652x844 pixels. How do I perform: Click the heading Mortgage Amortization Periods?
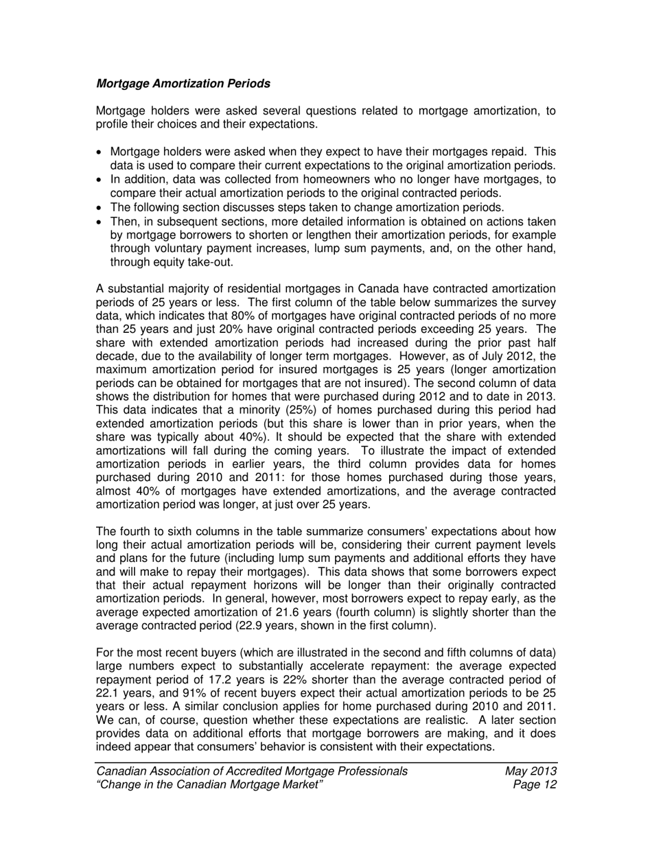click(x=183, y=84)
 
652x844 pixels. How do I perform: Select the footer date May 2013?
click(x=531, y=771)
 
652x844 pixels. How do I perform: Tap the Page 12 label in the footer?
click(x=534, y=784)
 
